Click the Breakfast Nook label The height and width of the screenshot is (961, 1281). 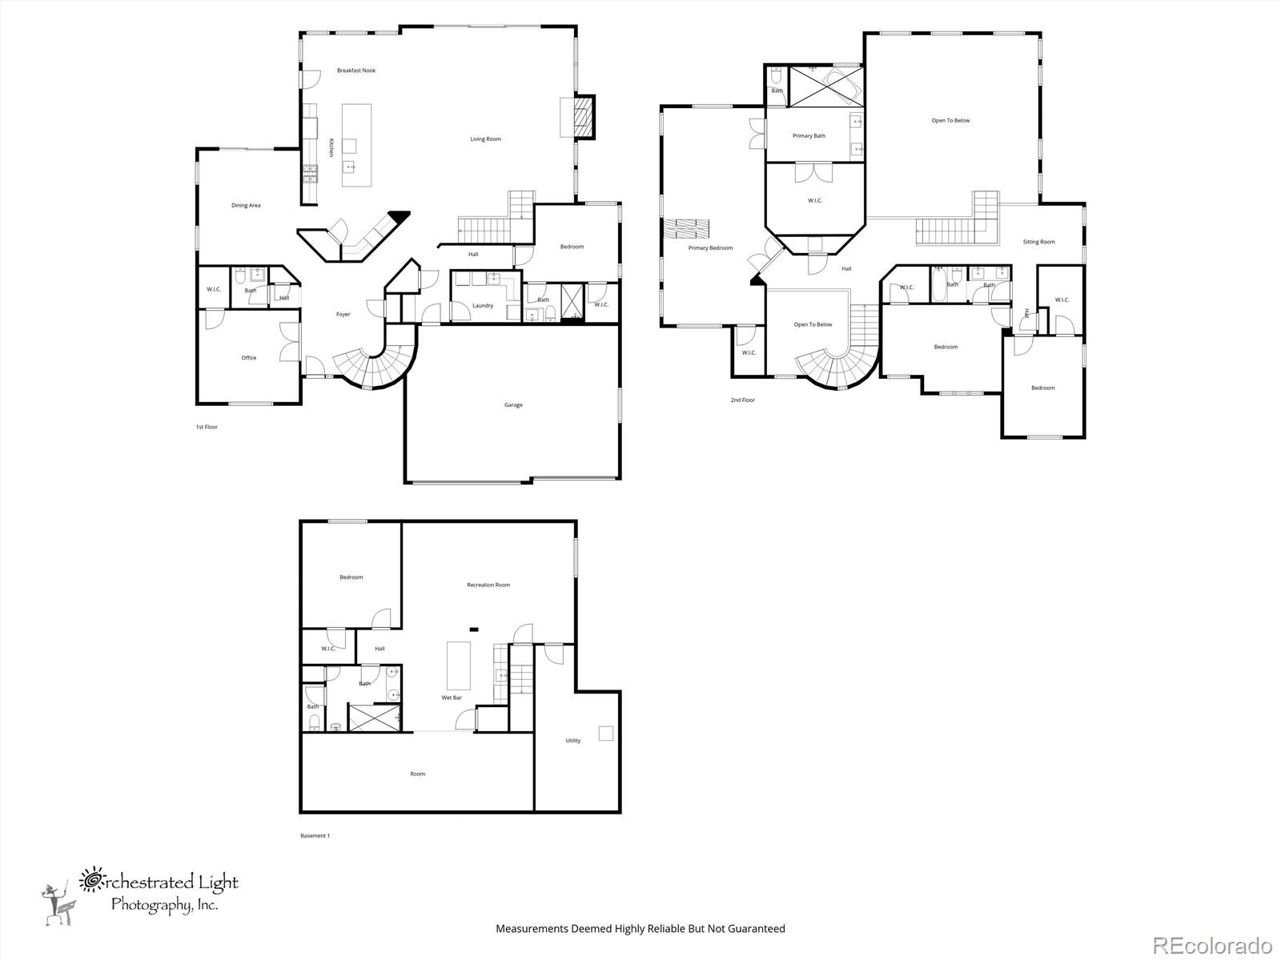click(356, 70)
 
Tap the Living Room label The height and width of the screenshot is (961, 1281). click(485, 139)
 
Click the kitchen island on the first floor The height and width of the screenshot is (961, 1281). click(356, 145)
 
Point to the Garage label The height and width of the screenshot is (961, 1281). click(513, 405)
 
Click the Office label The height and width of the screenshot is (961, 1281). click(249, 358)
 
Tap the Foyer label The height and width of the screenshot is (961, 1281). click(343, 315)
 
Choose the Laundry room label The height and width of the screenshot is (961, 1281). click(483, 306)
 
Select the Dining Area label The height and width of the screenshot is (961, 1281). click(246, 206)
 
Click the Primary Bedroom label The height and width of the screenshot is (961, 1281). click(710, 248)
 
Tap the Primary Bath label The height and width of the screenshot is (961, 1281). click(809, 136)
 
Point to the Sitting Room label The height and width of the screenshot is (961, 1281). click(1038, 242)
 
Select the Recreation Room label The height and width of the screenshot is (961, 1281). click(488, 585)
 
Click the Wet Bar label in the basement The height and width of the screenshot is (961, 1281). click(452, 698)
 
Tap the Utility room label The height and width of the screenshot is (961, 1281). click(573, 741)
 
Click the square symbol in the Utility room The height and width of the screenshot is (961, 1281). click(606, 733)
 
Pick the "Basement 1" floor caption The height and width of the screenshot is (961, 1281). click(315, 836)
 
